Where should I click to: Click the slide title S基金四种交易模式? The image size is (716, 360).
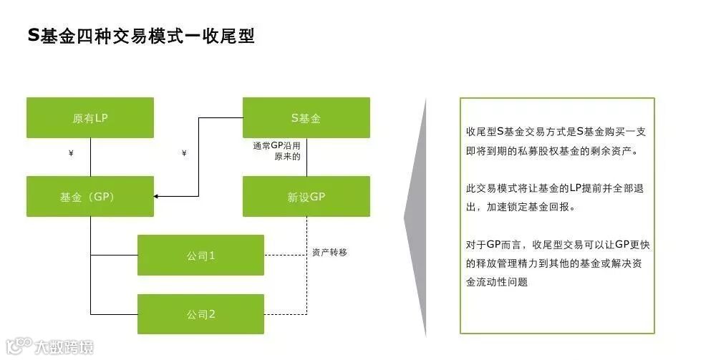point(140,35)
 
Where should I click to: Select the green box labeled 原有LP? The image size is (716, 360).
point(90,118)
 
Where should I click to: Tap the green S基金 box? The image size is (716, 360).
point(306,118)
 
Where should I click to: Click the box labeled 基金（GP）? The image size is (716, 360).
point(90,196)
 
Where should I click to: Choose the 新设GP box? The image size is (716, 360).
point(306,196)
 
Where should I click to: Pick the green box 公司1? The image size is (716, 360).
point(200,255)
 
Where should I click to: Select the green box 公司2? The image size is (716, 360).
point(200,313)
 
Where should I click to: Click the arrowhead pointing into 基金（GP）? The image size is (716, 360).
point(158,196)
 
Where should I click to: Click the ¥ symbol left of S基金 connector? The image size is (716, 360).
point(184,153)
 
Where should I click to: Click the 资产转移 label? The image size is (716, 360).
point(329,253)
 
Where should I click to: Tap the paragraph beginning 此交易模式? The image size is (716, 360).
point(556,198)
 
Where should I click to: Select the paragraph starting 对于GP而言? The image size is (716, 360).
point(556,263)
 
